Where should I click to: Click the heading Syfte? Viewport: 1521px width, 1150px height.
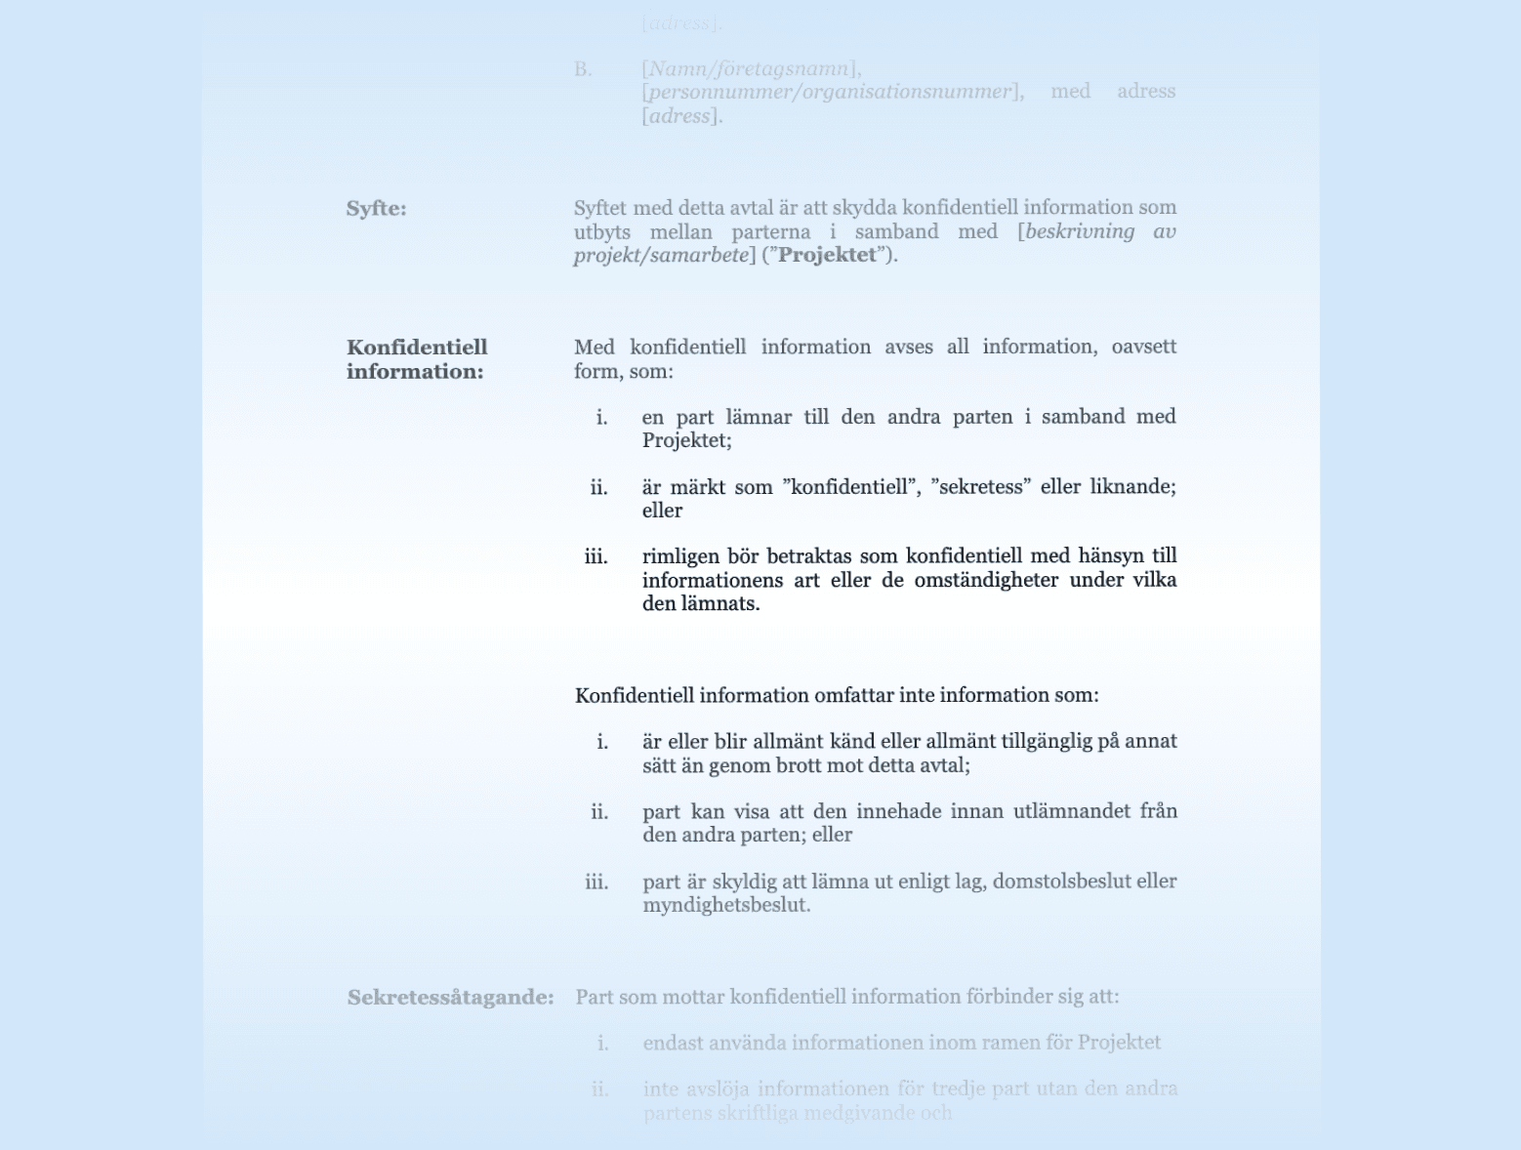[376, 209]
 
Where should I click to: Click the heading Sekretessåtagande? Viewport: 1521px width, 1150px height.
[450, 998]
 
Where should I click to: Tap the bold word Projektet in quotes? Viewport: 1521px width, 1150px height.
[827, 256]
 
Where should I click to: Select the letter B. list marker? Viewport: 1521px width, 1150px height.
[583, 69]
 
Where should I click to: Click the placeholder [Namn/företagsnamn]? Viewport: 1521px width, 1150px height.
[751, 69]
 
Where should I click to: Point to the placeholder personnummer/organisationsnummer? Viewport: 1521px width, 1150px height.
[830, 92]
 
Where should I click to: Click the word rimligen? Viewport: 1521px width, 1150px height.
[681, 556]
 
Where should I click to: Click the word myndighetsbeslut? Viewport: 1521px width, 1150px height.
[725, 905]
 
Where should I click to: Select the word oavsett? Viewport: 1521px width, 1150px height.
[1143, 347]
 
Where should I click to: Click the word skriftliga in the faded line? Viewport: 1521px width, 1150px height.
[762, 1113]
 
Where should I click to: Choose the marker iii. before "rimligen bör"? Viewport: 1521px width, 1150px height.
[596, 556]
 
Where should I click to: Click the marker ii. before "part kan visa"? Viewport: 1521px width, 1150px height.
[598, 811]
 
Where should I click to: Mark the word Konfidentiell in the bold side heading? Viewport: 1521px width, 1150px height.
[417, 348]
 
